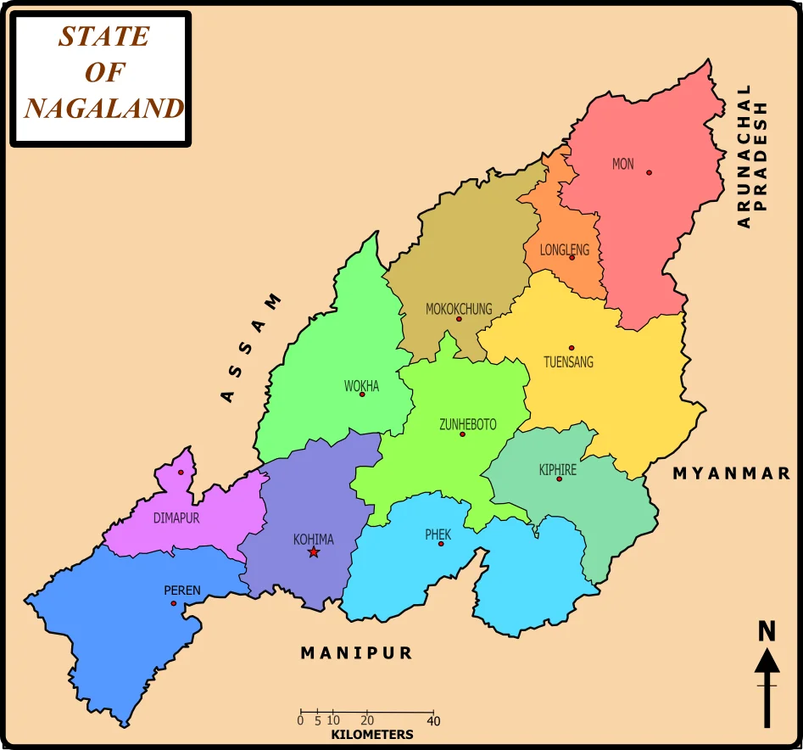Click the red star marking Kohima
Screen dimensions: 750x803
click(314, 552)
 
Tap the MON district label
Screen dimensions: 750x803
click(622, 164)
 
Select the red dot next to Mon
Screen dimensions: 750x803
click(650, 172)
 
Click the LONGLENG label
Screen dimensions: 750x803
click(564, 249)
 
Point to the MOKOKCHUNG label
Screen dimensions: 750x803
click(459, 309)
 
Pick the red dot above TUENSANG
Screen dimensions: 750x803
click(572, 348)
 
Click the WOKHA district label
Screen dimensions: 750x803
click(361, 386)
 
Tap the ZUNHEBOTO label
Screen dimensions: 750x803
click(468, 424)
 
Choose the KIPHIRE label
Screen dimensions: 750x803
click(558, 469)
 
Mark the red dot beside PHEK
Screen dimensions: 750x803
click(441, 543)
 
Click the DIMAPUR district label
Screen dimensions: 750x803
click(176, 518)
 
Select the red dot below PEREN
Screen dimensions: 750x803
click(174, 604)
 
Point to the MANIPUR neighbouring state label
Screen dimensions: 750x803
click(356, 652)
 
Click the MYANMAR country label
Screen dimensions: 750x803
click(732, 473)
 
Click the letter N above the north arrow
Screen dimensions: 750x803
click(767, 631)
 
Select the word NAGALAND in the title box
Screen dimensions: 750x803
click(103, 109)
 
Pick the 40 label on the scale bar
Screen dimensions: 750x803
click(433, 720)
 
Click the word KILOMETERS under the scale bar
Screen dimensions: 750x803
click(372, 735)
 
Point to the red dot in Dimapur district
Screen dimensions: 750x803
click(181, 473)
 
